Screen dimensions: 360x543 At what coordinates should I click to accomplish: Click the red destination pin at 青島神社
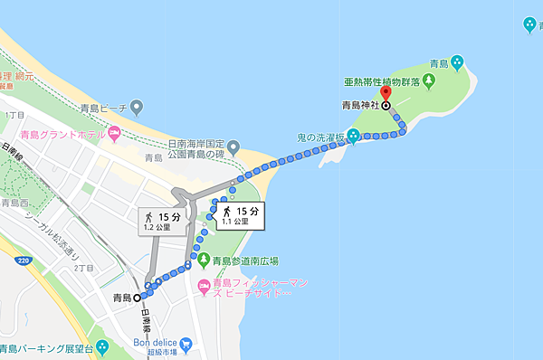[x=386, y=93]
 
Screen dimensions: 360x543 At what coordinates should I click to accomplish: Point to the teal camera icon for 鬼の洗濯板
[x=353, y=137]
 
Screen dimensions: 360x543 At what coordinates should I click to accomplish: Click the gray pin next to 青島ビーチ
[x=137, y=109]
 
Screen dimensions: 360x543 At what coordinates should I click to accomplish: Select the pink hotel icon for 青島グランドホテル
[x=113, y=137]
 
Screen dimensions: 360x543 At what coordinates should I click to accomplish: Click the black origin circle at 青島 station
[x=138, y=297]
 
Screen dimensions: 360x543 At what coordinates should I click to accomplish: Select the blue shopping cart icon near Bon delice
[x=186, y=344]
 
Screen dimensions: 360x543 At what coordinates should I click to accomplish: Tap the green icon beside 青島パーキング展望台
[x=101, y=348]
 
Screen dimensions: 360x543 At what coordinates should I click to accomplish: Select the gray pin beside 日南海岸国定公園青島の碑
[x=233, y=147]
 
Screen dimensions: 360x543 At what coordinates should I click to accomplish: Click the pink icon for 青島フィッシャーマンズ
[x=204, y=288]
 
